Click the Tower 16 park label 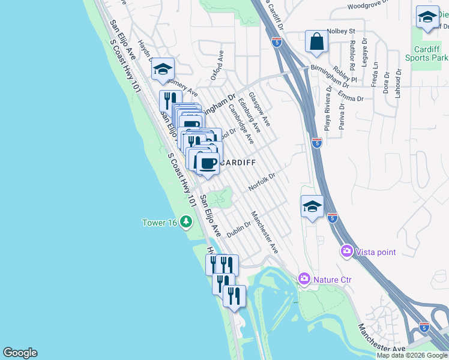coord(159,223)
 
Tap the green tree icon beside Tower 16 coord(186,223)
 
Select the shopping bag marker coord(316,42)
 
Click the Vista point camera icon coord(346,251)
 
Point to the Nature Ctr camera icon coord(304,279)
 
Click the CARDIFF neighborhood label coord(238,163)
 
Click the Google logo coord(20,353)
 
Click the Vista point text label coord(376,252)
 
